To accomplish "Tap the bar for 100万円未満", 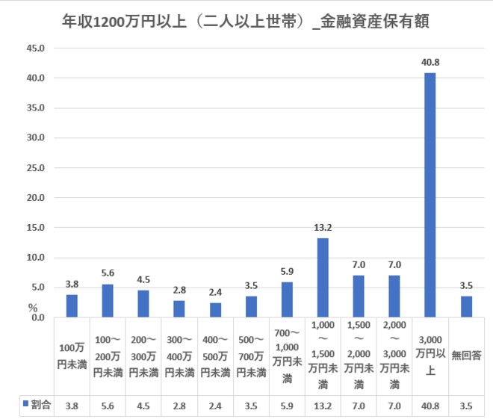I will (72, 305).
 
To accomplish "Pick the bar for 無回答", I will (466, 306).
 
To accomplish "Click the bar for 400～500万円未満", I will (215, 310).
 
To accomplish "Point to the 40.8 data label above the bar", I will (430, 63).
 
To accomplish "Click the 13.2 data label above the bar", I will (323, 228).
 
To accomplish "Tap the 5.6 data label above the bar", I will (108, 273).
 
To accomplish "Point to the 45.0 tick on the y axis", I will (36, 48).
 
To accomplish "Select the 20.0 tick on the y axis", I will (36, 198).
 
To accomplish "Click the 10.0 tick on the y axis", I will (36, 258).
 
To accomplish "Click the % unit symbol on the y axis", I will (33, 306).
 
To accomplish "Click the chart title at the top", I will (246, 20).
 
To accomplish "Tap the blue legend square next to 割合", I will (25, 403).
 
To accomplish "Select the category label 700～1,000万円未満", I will (287, 358).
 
